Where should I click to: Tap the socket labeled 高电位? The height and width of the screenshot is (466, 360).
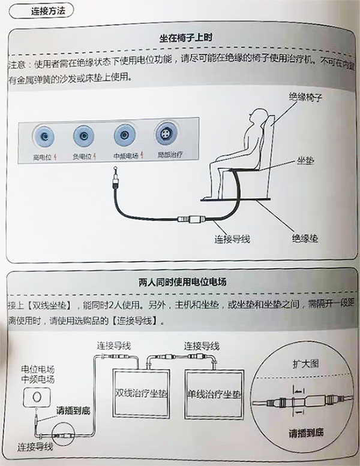point(44,137)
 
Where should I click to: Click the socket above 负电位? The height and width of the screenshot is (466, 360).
point(83,137)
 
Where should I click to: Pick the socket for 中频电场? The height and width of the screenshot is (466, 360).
point(124,135)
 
